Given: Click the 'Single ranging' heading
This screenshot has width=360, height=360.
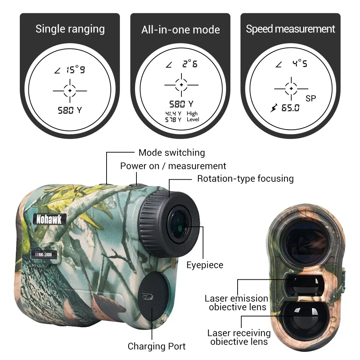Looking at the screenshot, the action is tap(70, 29).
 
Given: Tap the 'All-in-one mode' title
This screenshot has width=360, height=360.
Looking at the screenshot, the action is tap(180, 30).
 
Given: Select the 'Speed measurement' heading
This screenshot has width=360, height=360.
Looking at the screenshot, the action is tap(291, 29).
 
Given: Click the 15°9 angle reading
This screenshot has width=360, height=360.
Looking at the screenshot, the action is tap(76, 69).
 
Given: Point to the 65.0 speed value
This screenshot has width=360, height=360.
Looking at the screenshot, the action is tap(291, 108).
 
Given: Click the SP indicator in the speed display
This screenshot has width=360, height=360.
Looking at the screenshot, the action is tap(311, 99).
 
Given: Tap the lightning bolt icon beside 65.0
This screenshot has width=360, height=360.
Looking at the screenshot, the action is tap(274, 108).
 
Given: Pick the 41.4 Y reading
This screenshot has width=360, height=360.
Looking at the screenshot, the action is tap(174, 113).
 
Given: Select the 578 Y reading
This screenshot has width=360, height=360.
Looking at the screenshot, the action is tap(174, 120).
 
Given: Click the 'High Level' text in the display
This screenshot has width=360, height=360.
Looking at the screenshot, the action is tap(193, 116).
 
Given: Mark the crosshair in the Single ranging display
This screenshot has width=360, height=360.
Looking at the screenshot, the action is tap(70, 91).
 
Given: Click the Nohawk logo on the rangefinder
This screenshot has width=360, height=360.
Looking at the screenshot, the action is tap(49, 219).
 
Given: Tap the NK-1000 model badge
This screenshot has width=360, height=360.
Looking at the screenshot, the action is tap(44, 255).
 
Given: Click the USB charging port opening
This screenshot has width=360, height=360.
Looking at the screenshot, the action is tap(147, 297).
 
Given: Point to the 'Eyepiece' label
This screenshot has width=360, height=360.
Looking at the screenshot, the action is tap(205, 265).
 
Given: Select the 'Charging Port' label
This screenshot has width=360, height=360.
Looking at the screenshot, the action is tap(157, 346).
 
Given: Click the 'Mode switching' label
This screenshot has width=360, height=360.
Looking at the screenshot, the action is tap(172, 153).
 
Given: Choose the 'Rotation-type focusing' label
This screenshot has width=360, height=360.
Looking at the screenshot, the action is tap(246, 179).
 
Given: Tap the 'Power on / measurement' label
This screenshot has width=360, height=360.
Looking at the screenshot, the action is tap(173, 166).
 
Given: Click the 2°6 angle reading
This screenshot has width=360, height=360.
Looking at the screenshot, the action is tap(190, 63).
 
